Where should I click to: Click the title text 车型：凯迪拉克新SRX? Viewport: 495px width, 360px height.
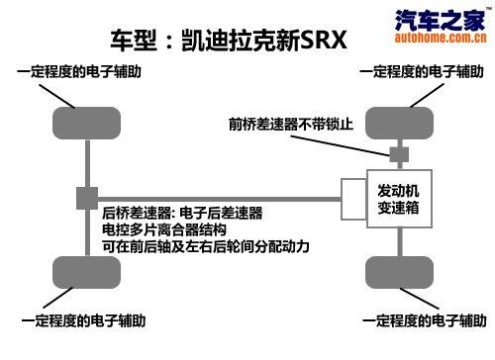coord(229,43)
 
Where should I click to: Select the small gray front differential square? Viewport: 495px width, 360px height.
coord(399,155)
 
